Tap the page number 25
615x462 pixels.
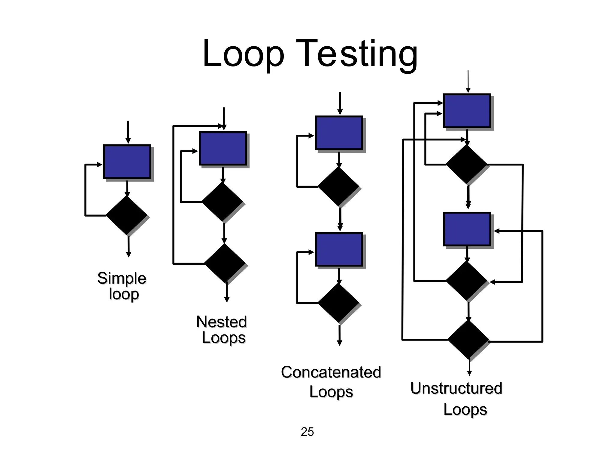click(x=307, y=432)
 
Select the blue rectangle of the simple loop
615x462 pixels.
click(x=127, y=162)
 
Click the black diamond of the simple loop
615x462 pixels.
click(x=127, y=215)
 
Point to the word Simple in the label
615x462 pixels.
click(x=122, y=278)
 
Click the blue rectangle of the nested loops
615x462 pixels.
click(x=223, y=148)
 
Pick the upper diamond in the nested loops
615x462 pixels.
click(x=223, y=202)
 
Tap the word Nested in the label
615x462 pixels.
click(x=222, y=322)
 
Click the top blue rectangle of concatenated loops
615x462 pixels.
click(x=339, y=133)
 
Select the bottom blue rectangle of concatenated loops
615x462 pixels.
click(x=339, y=249)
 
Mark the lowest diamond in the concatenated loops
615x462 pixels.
click(x=338, y=303)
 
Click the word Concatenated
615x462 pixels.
click(x=331, y=372)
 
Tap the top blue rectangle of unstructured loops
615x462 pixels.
click(x=467, y=110)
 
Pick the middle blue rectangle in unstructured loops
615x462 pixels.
click(x=467, y=229)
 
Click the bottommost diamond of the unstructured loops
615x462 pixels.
click(x=468, y=340)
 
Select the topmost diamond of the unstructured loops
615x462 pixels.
click(x=466, y=165)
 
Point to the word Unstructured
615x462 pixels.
click(x=456, y=388)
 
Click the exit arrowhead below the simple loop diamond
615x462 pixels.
click(x=129, y=254)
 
